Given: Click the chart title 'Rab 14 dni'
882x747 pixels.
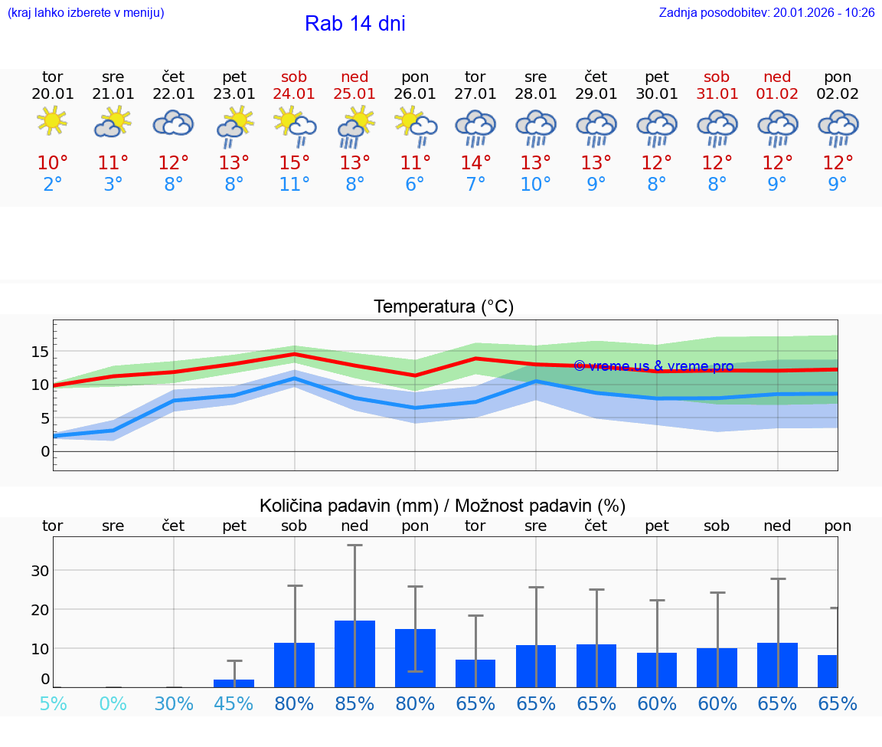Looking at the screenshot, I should tap(354, 24).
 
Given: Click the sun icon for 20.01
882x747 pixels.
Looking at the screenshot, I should tap(52, 122).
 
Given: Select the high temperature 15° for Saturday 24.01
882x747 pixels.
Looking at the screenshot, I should tap(294, 162).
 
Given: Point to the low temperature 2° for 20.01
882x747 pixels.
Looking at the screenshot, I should tap(52, 184).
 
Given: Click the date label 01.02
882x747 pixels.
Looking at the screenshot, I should tap(777, 93).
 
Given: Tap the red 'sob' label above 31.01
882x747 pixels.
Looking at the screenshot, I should tap(717, 77).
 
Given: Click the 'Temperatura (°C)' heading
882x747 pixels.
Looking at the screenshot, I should tap(443, 306).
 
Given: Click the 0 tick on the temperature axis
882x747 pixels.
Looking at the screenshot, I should tap(44, 451).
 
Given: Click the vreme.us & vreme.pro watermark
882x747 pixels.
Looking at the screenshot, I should tap(653, 366).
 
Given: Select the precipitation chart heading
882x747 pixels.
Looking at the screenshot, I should tap(442, 506).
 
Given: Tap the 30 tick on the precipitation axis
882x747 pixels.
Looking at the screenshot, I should tap(40, 570).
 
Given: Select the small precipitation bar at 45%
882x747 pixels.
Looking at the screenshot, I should tap(234, 683).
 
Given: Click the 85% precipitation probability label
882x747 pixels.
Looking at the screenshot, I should tap(354, 703).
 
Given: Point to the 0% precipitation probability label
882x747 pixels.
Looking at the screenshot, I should tap(113, 703).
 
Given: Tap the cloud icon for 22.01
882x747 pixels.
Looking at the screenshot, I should tap(173, 123).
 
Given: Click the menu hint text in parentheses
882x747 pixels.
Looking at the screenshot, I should tap(86, 13).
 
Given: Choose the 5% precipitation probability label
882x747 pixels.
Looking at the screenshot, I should tap(52, 703).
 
